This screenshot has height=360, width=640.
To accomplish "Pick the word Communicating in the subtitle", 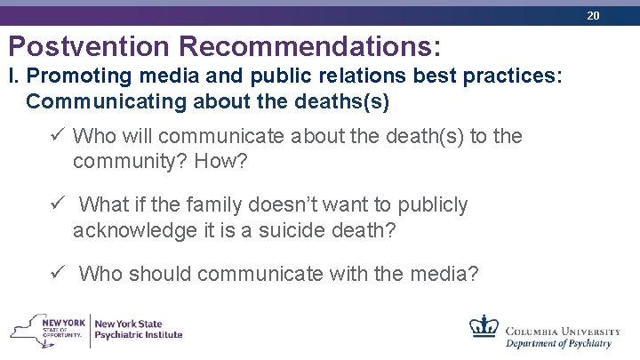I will [x=104, y=101].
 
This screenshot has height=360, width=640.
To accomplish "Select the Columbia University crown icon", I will [x=484, y=326].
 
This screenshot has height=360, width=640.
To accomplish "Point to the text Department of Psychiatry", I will [x=558, y=343].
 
